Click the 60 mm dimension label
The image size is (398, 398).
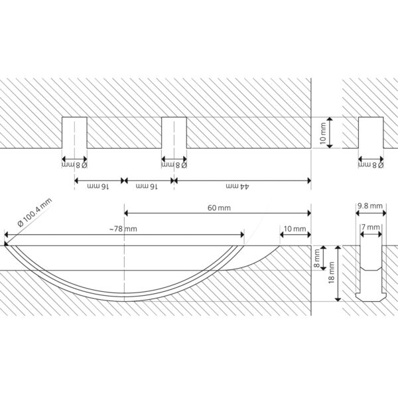point(219,208)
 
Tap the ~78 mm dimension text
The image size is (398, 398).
point(123,229)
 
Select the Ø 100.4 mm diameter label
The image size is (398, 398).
point(34,212)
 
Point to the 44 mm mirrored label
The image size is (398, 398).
point(237,186)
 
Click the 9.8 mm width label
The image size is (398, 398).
point(370,206)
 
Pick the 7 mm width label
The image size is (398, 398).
point(371,227)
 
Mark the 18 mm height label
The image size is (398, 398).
point(331,273)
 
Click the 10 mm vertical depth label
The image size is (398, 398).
point(322,133)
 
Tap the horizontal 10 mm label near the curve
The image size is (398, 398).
point(295,229)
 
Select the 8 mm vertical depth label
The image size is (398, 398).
point(317,259)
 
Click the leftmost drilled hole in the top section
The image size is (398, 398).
point(74,133)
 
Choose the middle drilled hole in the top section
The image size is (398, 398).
point(174,133)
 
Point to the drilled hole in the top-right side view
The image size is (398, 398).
point(371,133)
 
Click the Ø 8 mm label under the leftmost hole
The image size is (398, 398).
point(74,165)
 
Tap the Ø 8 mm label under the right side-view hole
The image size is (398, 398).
point(371,165)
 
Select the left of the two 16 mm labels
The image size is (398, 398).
point(98,186)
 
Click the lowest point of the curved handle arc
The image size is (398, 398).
point(125,301)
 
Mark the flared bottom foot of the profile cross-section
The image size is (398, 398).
point(371,297)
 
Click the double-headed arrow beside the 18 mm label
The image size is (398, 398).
point(338,273)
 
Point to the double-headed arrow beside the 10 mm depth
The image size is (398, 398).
point(330,133)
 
